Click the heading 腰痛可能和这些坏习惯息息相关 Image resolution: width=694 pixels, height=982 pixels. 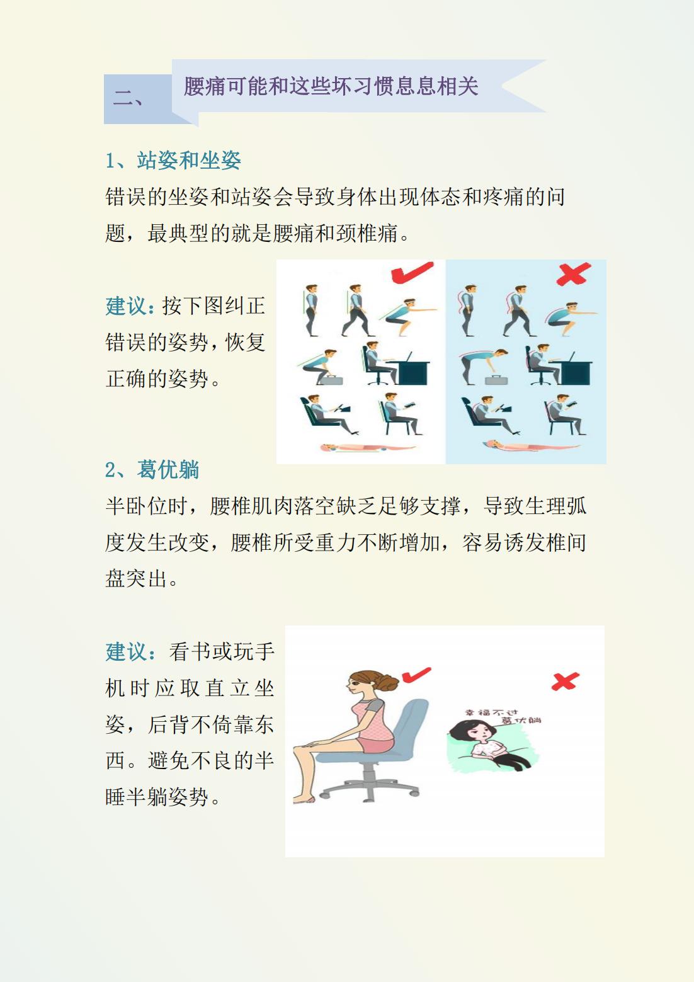pyautogui.click(x=331, y=86)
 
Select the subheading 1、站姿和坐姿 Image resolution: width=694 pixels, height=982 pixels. pyautogui.click(x=173, y=161)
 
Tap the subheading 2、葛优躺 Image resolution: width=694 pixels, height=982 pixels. pyautogui.click(x=152, y=470)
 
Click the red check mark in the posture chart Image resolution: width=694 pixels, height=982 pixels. pyautogui.click(x=412, y=272)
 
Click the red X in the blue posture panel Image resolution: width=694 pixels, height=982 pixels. pyautogui.click(x=574, y=273)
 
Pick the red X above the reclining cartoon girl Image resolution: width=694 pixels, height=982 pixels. pyautogui.click(x=565, y=681)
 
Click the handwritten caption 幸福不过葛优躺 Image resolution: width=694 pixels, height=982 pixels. pyautogui.click(x=503, y=716)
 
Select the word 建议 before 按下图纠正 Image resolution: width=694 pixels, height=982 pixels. pyautogui.click(x=126, y=306)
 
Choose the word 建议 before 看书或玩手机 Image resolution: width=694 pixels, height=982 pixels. pyautogui.click(x=126, y=652)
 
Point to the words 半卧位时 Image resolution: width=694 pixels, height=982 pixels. pyautogui.click(x=147, y=506)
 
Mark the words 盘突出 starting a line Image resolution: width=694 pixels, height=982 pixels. pyautogui.click(x=137, y=579)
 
